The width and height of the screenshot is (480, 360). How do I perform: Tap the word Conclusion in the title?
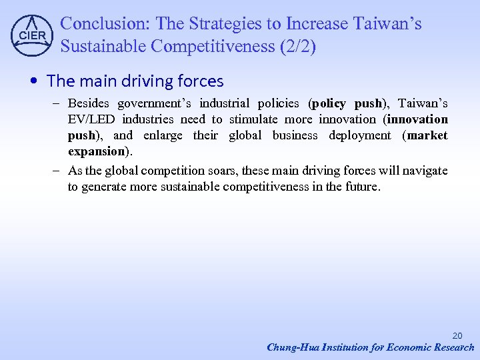tap(103, 24)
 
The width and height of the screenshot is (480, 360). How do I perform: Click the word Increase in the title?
tap(316, 24)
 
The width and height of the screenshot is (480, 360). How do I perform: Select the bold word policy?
tap(329, 103)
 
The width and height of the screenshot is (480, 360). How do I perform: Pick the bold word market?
tap(427, 135)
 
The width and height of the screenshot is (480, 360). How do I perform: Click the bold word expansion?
tap(96, 151)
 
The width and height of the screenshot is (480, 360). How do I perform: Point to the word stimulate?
tap(253, 119)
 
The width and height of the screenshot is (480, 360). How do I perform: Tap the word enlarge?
tap(163, 135)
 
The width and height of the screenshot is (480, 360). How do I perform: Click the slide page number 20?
tap(457, 335)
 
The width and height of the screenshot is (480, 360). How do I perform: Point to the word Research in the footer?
tap(453, 347)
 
